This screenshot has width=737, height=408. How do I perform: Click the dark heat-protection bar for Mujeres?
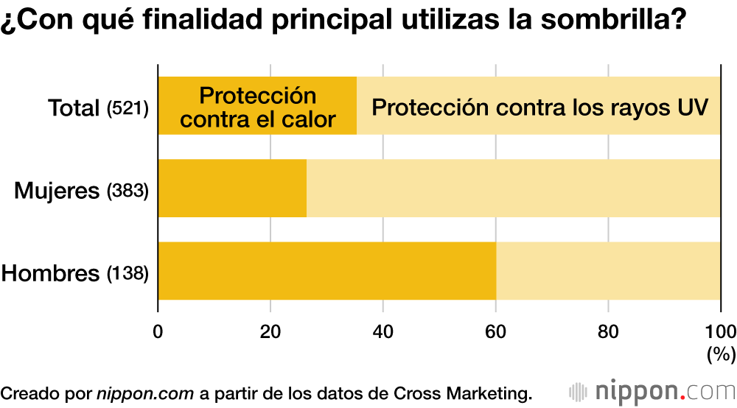pyautogui.click(x=232, y=189)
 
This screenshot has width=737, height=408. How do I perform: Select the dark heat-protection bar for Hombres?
pyautogui.click(x=326, y=271)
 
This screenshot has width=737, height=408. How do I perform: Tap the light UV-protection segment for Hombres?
pyautogui.click(x=608, y=271)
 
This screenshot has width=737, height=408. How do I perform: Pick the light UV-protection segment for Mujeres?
pyautogui.click(x=514, y=189)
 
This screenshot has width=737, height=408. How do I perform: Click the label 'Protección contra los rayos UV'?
pyautogui.click(x=539, y=108)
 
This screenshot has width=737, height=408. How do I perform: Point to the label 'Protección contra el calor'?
pyautogui.click(x=258, y=108)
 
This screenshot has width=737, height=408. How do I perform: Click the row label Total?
pyautogui.click(x=74, y=108)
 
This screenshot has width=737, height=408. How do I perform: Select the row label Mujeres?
pyautogui.click(x=57, y=191)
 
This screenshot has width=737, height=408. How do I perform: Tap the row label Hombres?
pyautogui.click(x=50, y=274)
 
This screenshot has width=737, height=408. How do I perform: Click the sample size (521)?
pyautogui.click(x=128, y=109)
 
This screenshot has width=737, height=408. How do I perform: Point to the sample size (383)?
pyautogui.click(x=128, y=191)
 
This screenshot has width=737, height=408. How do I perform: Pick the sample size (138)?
pyautogui.click(x=128, y=274)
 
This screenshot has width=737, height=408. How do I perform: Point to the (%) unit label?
pyautogui.click(x=720, y=354)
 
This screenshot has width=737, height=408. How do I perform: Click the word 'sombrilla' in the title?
pyautogui.click(x=605, y=20)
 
